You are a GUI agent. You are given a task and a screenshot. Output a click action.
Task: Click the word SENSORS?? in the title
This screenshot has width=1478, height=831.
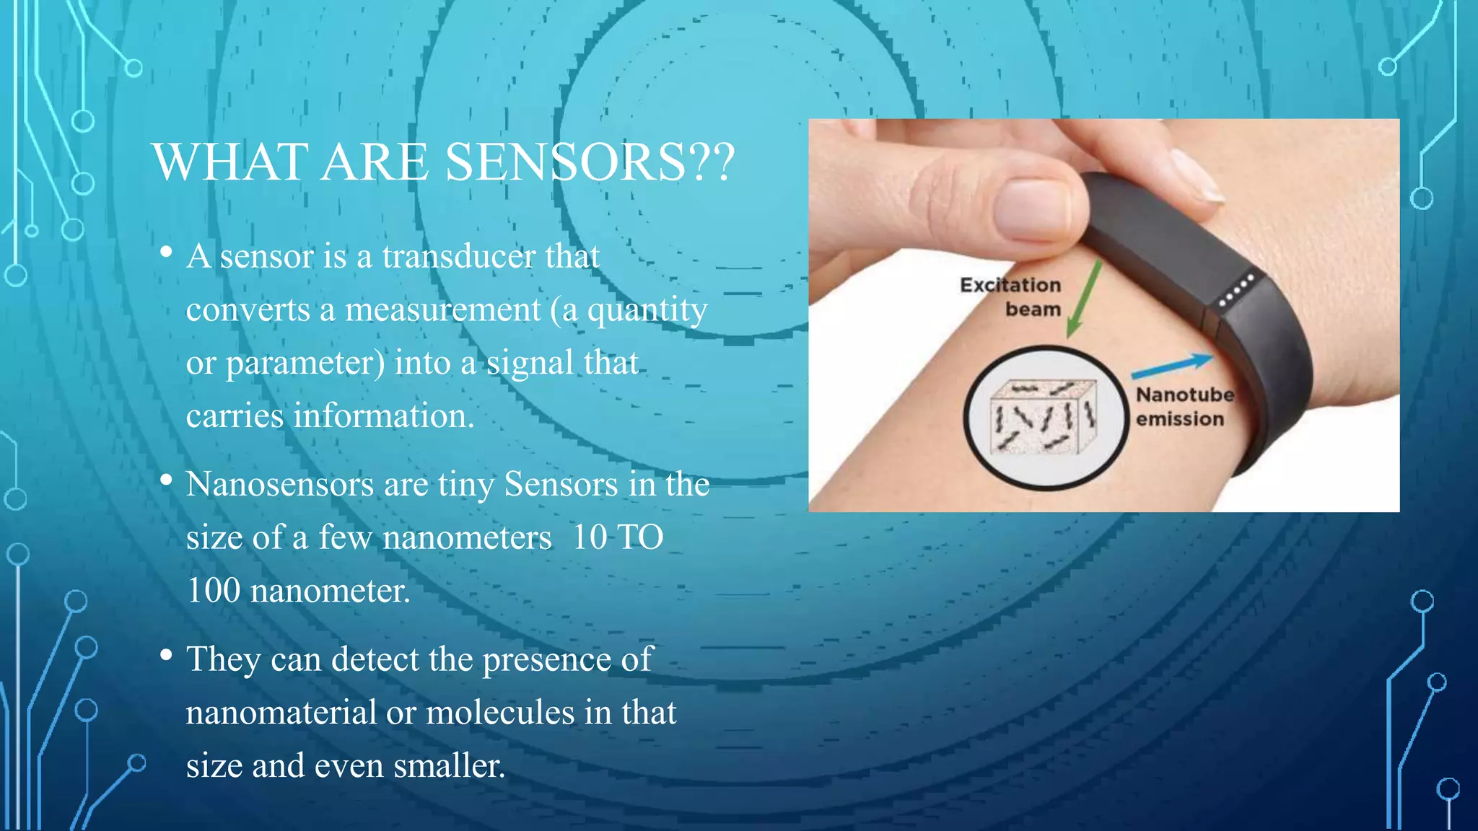click(590, 162)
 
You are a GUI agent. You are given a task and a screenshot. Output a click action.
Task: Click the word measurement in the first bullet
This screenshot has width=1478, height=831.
click(442, 309)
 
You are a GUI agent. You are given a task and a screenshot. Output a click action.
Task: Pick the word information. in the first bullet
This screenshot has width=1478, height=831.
click(383, 416)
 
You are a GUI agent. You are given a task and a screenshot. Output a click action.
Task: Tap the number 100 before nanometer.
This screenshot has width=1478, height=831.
click(213, 591)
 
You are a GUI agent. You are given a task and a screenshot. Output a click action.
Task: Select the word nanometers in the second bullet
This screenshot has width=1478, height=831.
click(467, 537)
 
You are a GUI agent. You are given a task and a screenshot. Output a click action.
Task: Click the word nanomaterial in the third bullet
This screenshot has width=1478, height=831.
click(281, 713)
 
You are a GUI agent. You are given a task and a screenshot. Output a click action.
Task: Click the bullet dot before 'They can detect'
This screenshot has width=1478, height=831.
click(167, 655)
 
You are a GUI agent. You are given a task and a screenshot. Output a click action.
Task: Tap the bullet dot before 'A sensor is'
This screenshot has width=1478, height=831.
click(167, 252)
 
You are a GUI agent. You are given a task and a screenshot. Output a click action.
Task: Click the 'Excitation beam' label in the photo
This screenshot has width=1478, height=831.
click(1011, 297)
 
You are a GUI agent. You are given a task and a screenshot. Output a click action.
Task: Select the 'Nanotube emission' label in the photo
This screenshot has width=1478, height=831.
click(1184, 407)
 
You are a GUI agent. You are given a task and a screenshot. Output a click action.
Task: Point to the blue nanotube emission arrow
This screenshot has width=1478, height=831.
click(1173, 366)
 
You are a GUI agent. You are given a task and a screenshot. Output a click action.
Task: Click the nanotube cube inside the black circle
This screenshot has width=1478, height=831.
click(1044, 417)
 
